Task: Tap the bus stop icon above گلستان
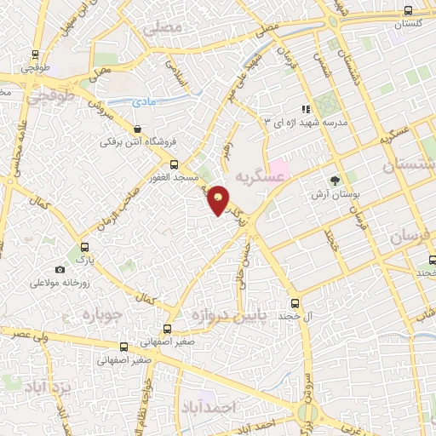coord(409,11)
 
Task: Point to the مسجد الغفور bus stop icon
coord(175,164)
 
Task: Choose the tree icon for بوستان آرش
coord(334,180)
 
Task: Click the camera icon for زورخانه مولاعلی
coord(60,270)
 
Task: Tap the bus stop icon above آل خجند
coord(295,302)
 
